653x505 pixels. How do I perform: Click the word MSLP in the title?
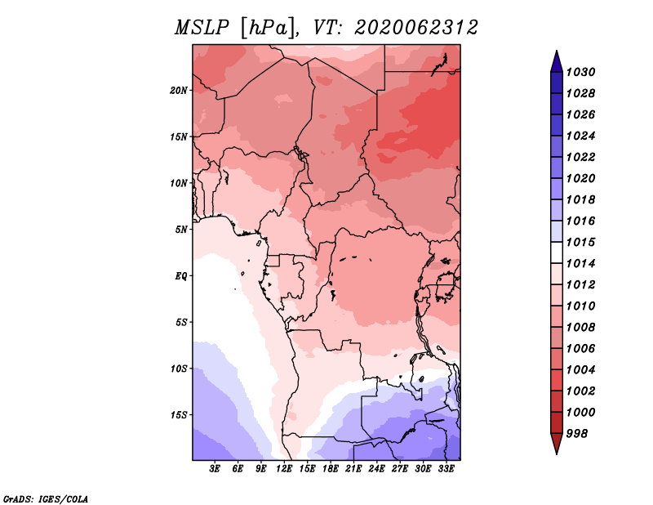[202, 28]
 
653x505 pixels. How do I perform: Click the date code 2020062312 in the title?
[416, 28]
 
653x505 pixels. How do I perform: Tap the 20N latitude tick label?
[179, 91]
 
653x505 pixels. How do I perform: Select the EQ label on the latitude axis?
[181, 276]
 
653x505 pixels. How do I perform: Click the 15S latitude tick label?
[179, 415]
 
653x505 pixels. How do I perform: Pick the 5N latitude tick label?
[181, 230]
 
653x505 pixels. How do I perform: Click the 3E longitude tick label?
[215, 469]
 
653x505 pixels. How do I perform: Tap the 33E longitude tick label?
[446, 469]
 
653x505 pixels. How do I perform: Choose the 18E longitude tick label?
[331, 469]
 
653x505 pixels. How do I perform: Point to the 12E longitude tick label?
[284, 469]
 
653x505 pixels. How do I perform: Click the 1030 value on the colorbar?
[580, 72]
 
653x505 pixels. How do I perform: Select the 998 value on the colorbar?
[577, 434]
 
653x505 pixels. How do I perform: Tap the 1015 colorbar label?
[580, 242]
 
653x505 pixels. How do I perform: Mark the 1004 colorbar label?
[580, 370]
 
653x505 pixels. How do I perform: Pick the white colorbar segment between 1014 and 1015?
[557, 252]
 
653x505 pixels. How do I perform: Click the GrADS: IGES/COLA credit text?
[46, 498]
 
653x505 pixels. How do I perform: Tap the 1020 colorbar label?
[580, 178]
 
